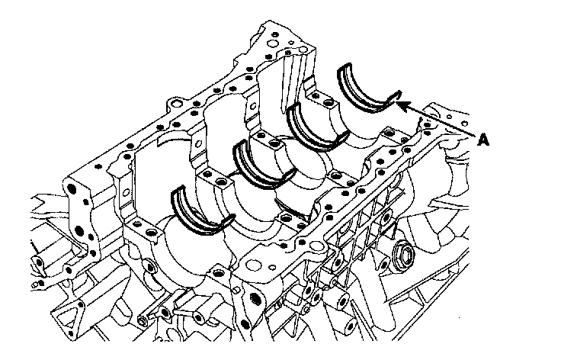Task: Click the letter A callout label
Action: pos(483,140)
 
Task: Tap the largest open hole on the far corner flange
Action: pos(273,44)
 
